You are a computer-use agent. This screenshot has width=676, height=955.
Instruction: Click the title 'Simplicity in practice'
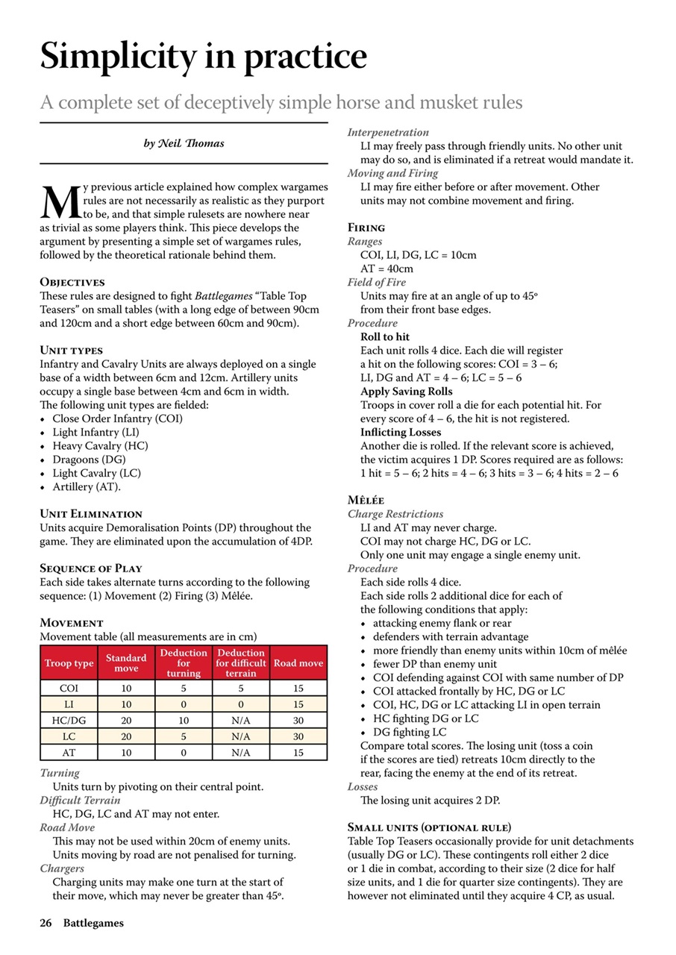coord(203,57)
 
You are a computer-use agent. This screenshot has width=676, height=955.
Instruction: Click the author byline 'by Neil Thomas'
coord(184,143)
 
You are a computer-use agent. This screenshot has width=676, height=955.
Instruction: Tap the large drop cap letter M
coord(58,201)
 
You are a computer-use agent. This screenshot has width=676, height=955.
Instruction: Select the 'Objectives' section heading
coord(72,283)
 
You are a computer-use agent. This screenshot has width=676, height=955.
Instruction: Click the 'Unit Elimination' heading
coord(90,514)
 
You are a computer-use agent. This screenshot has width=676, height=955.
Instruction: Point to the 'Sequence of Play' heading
coord(91,569)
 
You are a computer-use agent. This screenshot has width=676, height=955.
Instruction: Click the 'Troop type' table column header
coord(69,663)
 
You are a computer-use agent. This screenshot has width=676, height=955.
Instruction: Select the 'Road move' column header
coord(298,663)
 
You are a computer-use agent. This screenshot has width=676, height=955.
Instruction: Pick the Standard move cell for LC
coord(126,737)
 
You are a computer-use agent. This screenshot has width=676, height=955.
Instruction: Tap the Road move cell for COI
coord(298,689)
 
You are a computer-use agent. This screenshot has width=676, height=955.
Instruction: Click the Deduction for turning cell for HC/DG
coord(184,721)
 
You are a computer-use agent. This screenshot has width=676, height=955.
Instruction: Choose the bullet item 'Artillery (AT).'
coord(87,487)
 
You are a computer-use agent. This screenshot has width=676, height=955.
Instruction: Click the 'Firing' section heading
coord(366,228)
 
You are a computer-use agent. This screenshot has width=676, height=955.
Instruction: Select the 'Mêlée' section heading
coord(366,500)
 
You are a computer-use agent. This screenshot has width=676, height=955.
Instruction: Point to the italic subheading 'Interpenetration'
coord(388,132)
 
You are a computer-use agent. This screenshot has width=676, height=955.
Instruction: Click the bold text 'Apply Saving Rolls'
coord(407,391)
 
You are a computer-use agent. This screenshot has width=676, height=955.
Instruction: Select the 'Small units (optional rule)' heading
coord(430,827)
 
